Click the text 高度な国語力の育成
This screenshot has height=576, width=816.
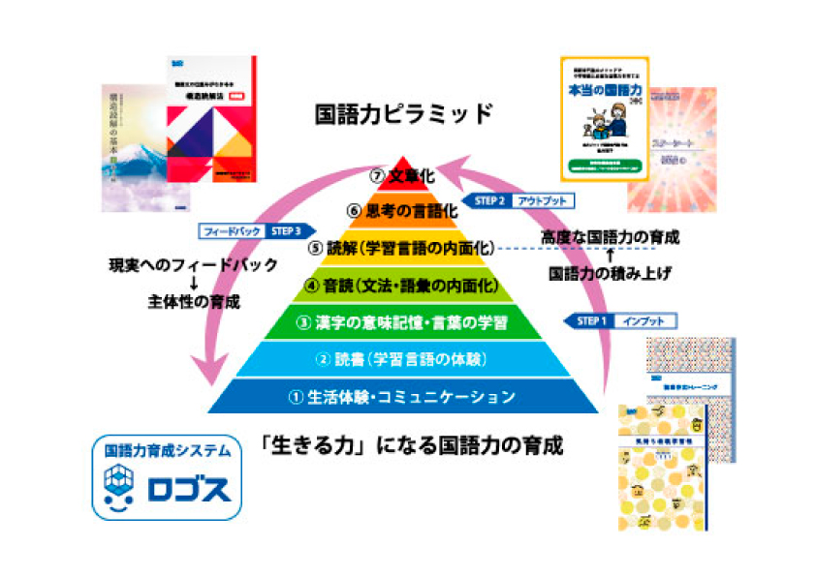tap(609, 237)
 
